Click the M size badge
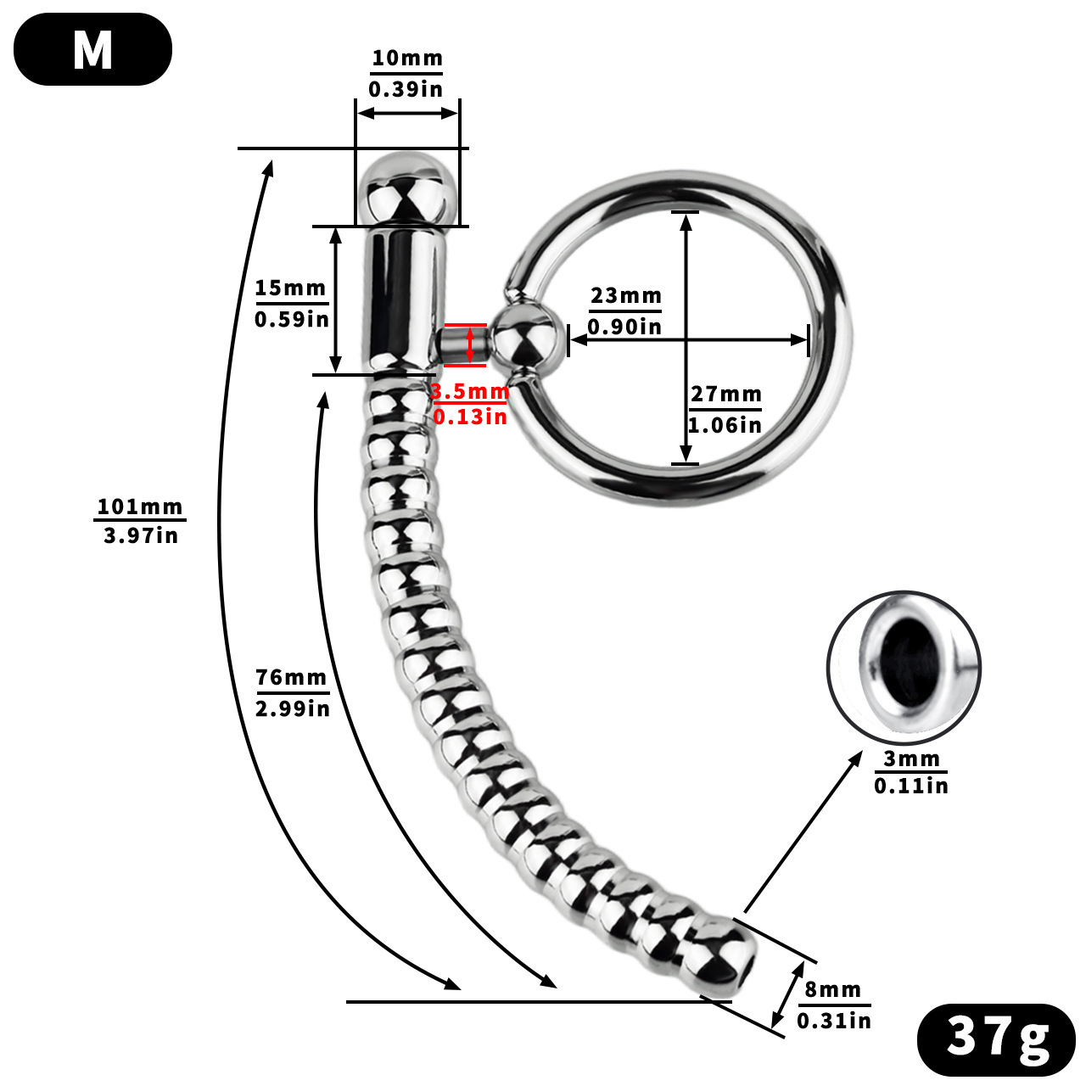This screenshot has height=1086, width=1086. (x=92, y=49)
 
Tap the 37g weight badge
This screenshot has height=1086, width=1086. (x=996, y=1037)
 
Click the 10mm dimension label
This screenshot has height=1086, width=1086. (x=407, y=58)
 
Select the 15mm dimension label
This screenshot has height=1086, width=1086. (x=291, y=288)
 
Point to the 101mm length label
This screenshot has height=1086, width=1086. (x=140, y=507)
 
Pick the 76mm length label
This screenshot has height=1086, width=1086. (x=291, y=677)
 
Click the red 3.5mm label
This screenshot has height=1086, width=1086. (x=469, y=392)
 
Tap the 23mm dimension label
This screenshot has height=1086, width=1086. (x=626, y=295)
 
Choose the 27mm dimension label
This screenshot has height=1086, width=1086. (x=725, y=394)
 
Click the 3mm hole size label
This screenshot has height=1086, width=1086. (x=911, y=758)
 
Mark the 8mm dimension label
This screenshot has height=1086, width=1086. (x=833, y=989)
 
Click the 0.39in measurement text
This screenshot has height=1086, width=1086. (x=406, y=88)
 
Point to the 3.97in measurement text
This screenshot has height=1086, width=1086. (x=141, y=535)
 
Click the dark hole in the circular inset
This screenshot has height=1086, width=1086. (x=903, y=661)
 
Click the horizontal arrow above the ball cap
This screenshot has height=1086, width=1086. (x=407, y=113)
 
